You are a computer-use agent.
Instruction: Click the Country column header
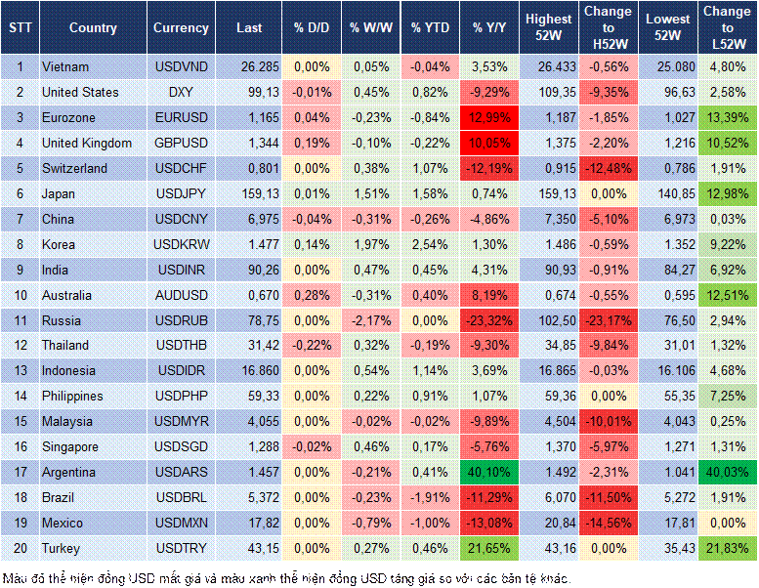(93, 28)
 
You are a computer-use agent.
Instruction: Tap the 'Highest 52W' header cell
(548, 28)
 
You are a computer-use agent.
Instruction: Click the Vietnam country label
(65, 66)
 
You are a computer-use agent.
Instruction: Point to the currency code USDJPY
(181, 193)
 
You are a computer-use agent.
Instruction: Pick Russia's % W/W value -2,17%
(370, 320)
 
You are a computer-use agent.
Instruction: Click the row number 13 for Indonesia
(20, 371)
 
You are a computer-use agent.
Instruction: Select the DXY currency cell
(181, 92)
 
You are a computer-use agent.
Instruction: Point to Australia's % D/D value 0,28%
(312, 295)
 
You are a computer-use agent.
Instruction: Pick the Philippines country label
(73, 397)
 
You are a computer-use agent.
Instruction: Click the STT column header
(20, 28)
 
